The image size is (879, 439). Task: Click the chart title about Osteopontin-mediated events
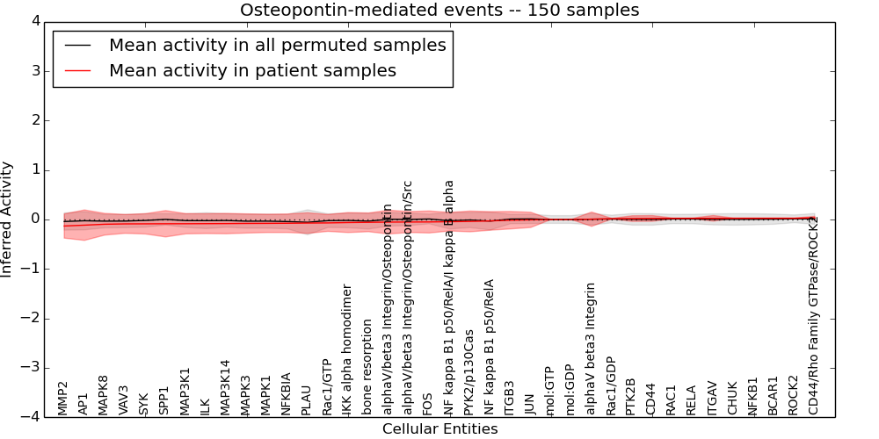(439, 11)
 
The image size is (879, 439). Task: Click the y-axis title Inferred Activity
(7, 219)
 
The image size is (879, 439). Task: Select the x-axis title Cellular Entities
(439, 429)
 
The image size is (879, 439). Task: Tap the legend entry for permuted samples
(277, 46)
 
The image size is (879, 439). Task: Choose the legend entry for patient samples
(252, 71)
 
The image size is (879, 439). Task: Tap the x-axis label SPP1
(163, 399)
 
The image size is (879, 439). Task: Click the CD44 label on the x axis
(650, 399)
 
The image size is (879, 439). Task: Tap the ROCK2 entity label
(792, 395)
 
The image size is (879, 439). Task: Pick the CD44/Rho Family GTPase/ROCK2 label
(813, 314)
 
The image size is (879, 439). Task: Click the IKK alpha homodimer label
(346, 349)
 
